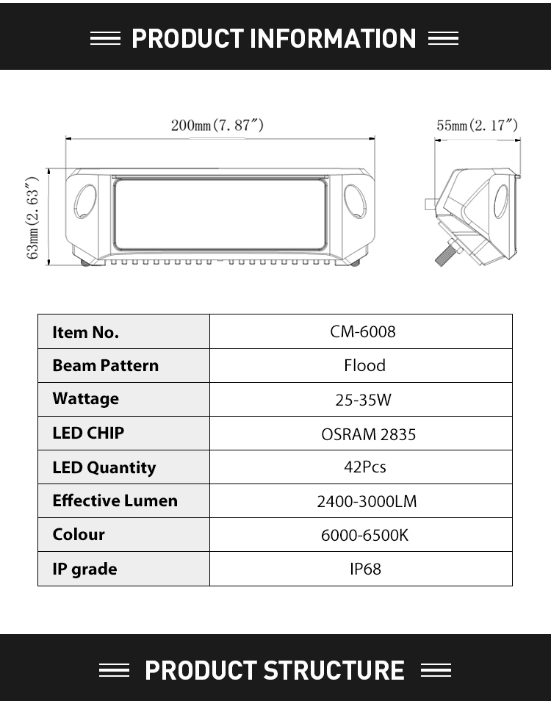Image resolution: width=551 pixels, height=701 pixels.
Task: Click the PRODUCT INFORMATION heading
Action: point(274,38)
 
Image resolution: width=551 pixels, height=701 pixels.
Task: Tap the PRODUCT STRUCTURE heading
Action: point(274,670)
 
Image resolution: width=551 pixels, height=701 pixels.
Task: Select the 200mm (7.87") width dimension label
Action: point(217,125)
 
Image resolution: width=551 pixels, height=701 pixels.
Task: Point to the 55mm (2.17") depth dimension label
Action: point(478,125)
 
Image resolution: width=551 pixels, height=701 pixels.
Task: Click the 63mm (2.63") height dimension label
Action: point(32,218)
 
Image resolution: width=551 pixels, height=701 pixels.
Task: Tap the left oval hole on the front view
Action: point(85,201)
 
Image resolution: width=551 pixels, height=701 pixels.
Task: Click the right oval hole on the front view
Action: point(356,201)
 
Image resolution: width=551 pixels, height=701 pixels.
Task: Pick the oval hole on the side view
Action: point(500,201)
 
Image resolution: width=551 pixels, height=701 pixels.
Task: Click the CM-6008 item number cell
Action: point(363,331)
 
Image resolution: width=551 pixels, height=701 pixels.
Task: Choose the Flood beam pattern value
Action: point(364,366)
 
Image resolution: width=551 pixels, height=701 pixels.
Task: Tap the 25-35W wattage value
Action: point(364,400)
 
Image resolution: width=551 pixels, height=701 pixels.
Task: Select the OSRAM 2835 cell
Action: point(368,434)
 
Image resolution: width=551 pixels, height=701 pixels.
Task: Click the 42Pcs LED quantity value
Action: point(365,467)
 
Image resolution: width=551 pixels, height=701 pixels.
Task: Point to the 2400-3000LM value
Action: point(367,502)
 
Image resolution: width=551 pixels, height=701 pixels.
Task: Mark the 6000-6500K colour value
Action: point(364,535)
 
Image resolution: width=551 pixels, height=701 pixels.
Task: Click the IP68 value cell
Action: point(365,569)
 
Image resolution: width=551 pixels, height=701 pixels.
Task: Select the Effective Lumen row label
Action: point(115,500)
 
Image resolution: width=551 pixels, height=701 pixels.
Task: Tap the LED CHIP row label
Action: point(88,433)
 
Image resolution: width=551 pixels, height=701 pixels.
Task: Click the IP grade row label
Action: point(85,569)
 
